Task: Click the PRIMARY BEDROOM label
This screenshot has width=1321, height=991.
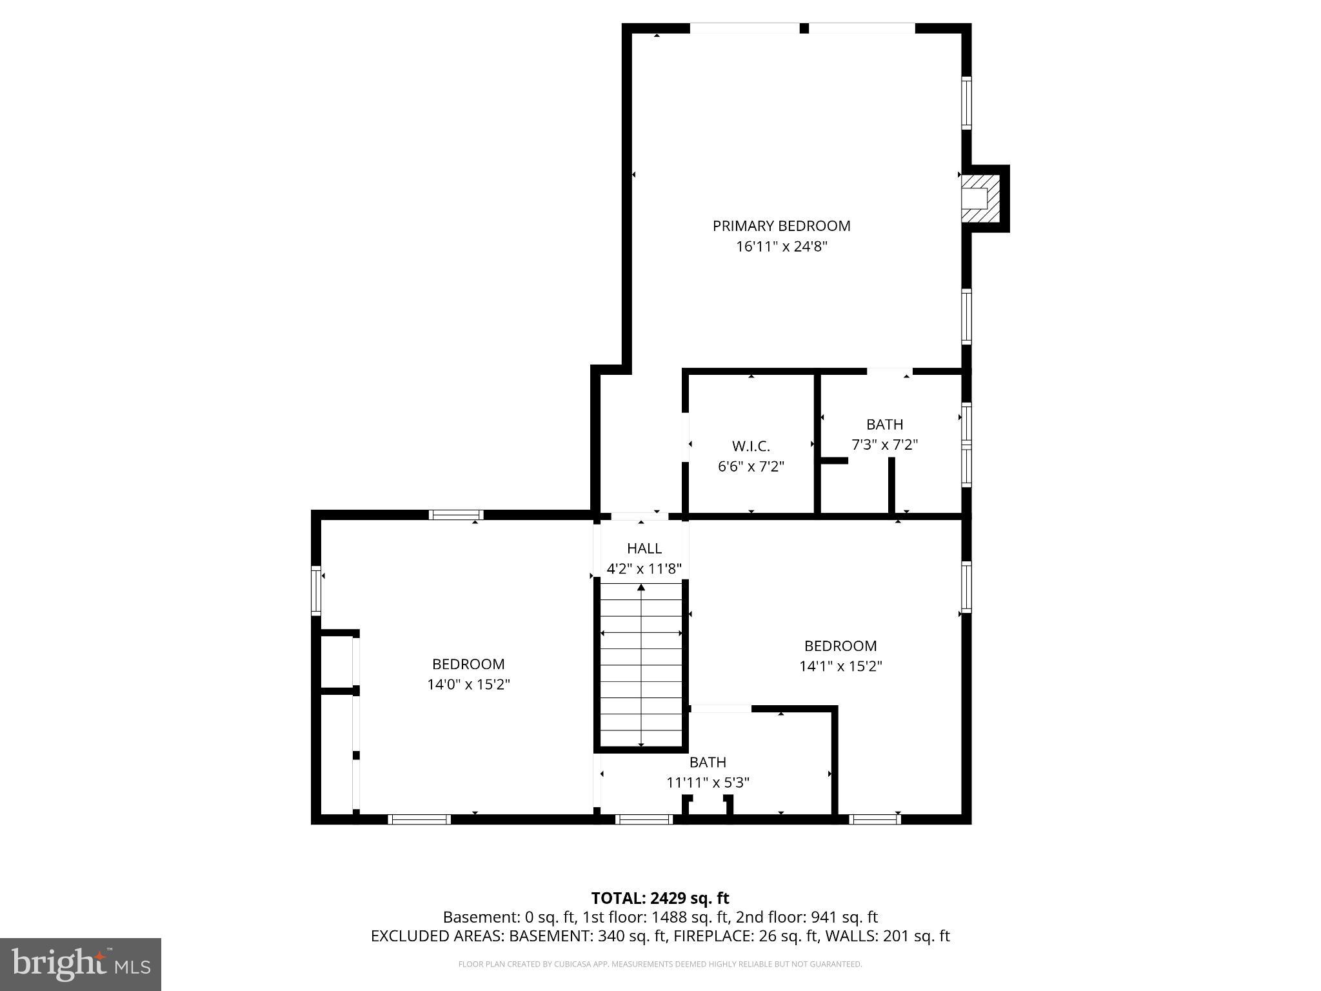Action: pyautogui.click(x=781, y=226)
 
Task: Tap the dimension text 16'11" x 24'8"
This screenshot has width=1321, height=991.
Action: pyautogui.click(x=781, y=246)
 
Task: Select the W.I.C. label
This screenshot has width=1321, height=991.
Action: pyautogui.click(x=751, y=446)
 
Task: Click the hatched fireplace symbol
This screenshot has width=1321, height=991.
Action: pyautogui.click(x=982, y=198)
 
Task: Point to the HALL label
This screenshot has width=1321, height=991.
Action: pyautogui.click(x=644, y=548)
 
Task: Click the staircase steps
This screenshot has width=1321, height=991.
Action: pyautogui.click(x=641, y=665)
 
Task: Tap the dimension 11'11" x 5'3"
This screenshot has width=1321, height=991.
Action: pyautogui.click(x=708, y=783)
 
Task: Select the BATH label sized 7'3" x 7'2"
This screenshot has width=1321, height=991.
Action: pyautogui.click(x=884, y=425)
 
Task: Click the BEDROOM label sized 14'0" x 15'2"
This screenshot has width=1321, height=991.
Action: pyautogui.click(x=468, y=664)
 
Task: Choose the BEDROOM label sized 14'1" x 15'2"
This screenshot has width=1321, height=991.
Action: pyautogui.click(x=840, y=646)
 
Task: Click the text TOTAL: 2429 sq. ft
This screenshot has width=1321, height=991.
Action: pyautogui.click(x=660, y=898)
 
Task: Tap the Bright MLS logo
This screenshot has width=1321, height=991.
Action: pyautogui.click(x=80, y=964)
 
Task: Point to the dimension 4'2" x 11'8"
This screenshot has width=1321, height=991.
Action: pyautogui.click(x=644, y=569)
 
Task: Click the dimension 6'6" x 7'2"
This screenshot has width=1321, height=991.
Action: pyautogui.click(x=751, y=466)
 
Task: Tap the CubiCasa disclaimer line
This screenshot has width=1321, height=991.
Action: pyautogui.click(x=660, y=965)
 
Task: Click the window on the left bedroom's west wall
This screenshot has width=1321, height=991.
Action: pyautogui.click(x=316, y=590)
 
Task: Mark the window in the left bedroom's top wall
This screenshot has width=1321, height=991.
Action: pyautogui.click(x=456, y=515)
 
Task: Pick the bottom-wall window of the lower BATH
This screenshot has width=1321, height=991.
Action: pyautogui.click(x=644, y=819)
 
